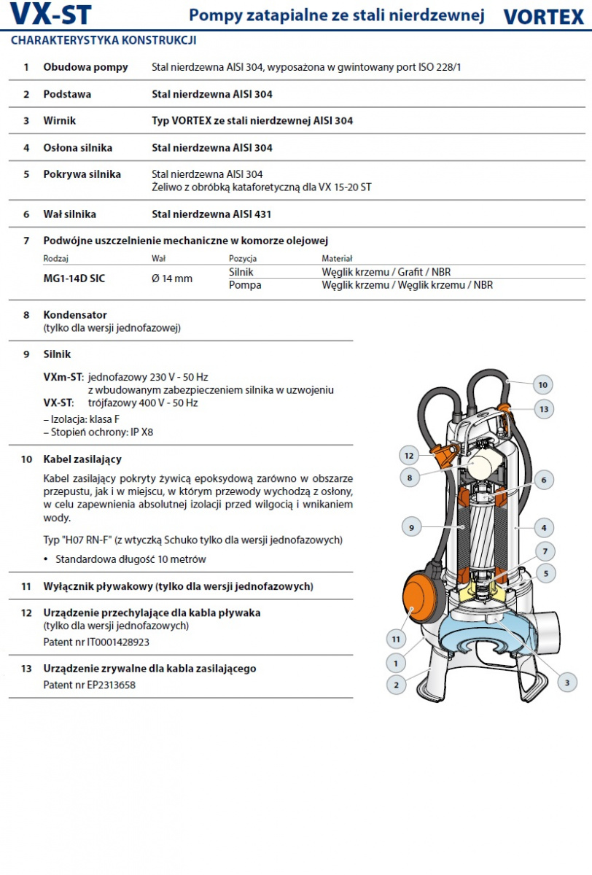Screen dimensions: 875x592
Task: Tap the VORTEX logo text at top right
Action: click(543, 17)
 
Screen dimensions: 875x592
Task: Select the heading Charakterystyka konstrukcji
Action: click(103, 41)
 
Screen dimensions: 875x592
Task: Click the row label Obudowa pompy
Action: click(85, 67)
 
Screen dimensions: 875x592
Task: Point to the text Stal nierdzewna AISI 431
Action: click(211, 214)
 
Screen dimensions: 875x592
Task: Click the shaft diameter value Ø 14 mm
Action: click(172, 279)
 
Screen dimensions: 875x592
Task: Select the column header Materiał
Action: click(337, 258)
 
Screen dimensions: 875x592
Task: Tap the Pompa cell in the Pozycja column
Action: click(245, 285)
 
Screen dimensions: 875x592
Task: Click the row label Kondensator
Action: click(75, 315)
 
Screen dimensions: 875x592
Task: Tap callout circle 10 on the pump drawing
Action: click(542, 384)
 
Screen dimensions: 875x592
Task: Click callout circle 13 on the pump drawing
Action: click(543, 409)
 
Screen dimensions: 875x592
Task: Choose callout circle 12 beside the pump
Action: click(409, 456)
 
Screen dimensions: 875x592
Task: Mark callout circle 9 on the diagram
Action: click(411, 527)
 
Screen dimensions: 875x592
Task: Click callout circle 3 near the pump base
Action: click(566, 682)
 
